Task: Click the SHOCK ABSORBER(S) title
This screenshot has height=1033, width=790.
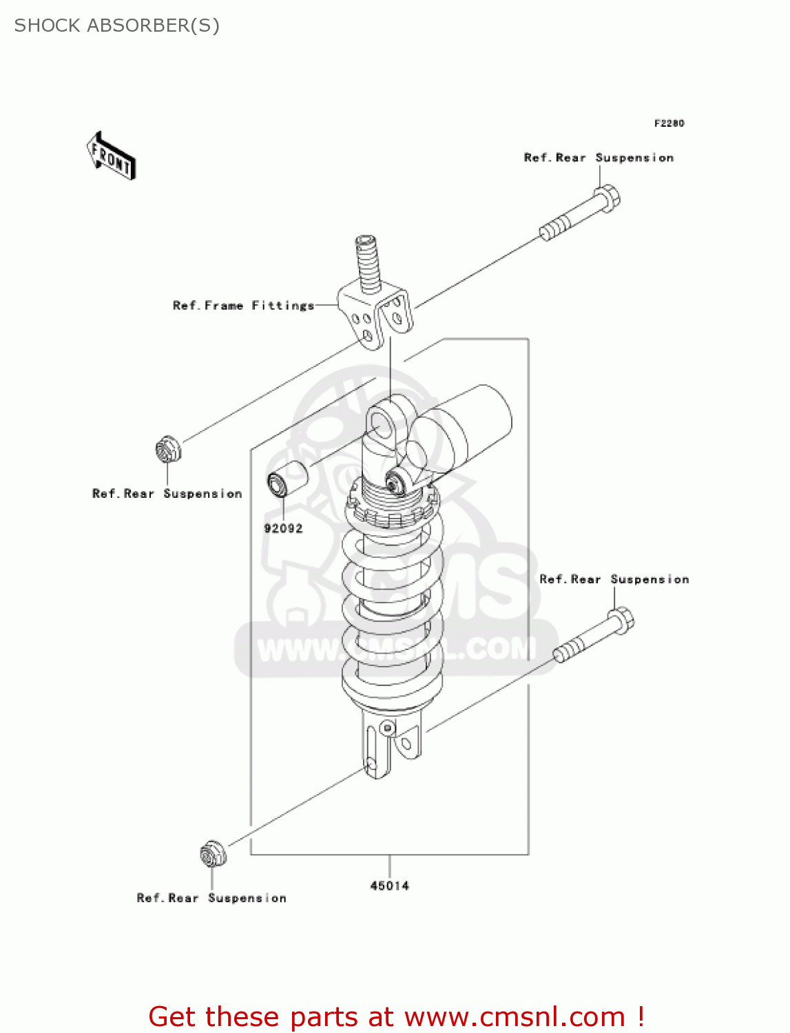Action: point(117,25)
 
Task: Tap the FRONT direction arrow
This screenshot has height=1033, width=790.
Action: point(111,156)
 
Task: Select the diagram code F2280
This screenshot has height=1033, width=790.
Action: point(669,123)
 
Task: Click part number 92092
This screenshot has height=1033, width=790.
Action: point(283,528)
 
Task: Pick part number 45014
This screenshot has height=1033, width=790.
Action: point(389,886)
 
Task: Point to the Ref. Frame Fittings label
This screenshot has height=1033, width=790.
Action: point(243,305)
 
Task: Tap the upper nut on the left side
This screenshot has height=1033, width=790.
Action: point(167,450)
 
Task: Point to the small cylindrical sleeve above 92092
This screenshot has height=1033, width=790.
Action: point(288,477)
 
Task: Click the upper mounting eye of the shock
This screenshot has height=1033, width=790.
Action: point(381,423)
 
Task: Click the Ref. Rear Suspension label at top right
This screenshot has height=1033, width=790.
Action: point(599,158)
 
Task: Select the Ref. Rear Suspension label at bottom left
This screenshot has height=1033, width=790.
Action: point(211,898)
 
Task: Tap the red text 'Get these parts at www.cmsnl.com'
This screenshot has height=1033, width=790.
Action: point(396,1016)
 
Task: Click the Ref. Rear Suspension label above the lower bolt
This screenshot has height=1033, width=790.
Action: point(614,579)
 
